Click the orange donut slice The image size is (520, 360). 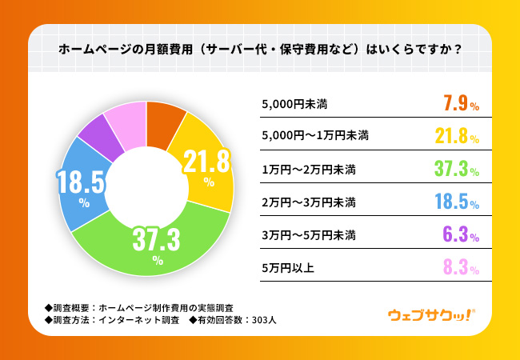[x=163, y=124]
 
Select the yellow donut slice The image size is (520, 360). [x=206, y=166]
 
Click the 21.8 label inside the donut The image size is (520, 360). [x=206, y=162]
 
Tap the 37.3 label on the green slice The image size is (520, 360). [x=156, y=239]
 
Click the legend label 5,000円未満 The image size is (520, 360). [x=294, y=105]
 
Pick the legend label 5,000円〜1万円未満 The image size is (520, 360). [x=315, y=136]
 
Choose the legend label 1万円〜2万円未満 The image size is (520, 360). [x=309, y=170]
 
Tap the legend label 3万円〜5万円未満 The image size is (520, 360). [x=309, y=235]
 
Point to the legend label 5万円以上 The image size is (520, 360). [x=288, y=268]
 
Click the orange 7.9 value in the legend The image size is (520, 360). [x=456, y=104]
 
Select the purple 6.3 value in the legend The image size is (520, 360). [x=456, y=235]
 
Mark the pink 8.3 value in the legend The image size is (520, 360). [x=456, y=268]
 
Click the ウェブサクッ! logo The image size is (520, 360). [x=432, y=315]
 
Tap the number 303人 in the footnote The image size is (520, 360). [x=264, y=320]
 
